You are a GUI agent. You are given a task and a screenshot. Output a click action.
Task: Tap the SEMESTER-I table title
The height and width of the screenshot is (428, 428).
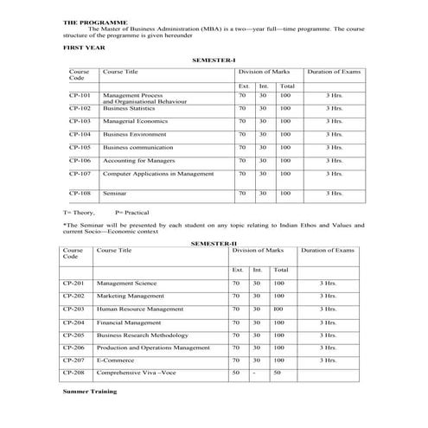214,60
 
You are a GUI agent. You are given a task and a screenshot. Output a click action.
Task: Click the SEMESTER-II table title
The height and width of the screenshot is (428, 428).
213,243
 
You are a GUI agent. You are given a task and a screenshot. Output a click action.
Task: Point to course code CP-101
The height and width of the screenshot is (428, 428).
80,94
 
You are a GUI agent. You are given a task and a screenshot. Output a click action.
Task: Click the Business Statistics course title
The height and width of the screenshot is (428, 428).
129,108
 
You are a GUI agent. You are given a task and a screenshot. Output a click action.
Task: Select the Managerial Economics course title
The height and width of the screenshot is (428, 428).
134,121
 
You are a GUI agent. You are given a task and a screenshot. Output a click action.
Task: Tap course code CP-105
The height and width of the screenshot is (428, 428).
80,147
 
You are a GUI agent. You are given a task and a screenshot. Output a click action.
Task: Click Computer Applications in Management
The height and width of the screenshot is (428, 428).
157,173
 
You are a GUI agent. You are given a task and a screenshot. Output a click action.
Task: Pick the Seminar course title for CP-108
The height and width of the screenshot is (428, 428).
115,194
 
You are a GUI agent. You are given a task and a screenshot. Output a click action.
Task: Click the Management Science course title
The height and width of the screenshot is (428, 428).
126,283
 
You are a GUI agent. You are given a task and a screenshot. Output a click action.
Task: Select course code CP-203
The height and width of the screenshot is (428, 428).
73,309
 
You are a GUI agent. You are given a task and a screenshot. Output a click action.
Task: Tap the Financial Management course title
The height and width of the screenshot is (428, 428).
131,322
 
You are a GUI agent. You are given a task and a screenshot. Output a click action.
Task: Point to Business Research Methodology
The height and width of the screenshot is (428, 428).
144,334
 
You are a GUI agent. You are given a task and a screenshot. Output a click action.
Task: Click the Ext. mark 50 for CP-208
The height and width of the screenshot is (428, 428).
236,372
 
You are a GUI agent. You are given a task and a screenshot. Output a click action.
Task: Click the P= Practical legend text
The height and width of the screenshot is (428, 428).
131,211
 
